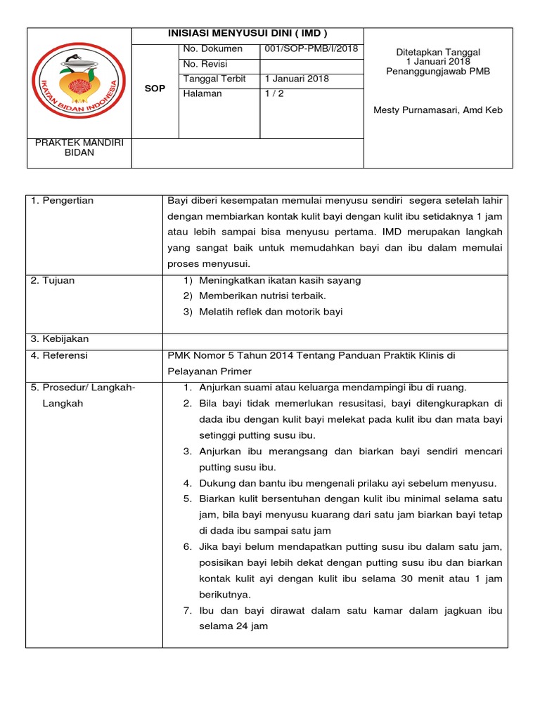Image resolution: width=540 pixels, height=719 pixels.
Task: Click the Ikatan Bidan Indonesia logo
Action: tap(79, 83)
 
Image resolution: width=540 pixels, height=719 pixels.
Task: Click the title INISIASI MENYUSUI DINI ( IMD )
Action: tap(247, 34)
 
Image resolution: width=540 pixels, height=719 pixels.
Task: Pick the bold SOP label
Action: tap(155, 89)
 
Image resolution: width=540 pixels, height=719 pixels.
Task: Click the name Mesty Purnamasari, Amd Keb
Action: tap(438, 110)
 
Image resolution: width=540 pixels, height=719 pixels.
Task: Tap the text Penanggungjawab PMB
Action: tap(438, 72)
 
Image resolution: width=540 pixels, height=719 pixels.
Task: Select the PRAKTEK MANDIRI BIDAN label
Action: tap(79, 147)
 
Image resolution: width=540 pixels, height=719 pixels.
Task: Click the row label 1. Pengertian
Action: tap(63, 201)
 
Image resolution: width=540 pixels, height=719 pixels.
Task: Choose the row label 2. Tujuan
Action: tap(53, 281)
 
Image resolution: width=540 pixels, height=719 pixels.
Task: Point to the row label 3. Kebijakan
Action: tap(60, 339)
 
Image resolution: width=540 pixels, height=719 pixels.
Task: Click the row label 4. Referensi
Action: tap(60, 356)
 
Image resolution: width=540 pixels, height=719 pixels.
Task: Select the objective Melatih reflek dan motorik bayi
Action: tap(271, 312)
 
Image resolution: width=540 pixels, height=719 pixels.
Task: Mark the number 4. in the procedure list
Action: tap(188, 483)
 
